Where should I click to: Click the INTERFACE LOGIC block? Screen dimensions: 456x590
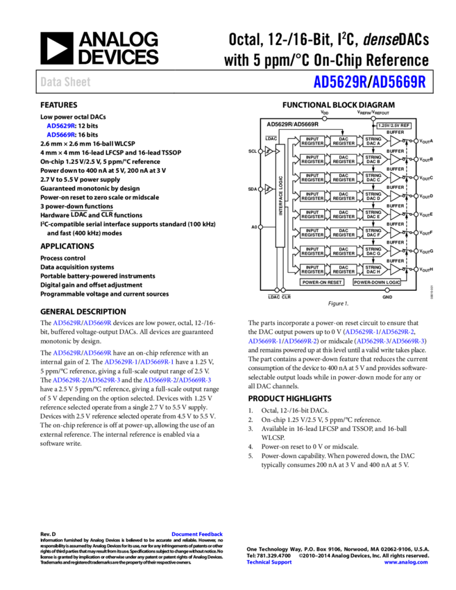point(280,196)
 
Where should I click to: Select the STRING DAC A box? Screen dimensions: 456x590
point(373,141)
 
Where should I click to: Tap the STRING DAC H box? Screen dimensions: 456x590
point(373,269)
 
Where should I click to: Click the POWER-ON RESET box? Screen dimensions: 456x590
point(322,283)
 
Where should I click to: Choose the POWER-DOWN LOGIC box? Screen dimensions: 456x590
point(377,283)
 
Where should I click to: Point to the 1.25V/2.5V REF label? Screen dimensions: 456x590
point(394,126)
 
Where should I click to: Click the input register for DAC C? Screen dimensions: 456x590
point(312,178)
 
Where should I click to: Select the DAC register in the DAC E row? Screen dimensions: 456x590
point(344,214)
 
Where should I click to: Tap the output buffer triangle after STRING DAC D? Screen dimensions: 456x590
point(395,196)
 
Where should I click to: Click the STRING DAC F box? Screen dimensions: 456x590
point(373,233)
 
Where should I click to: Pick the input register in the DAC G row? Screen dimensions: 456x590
point(312,251)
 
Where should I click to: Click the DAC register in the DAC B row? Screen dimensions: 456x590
point(344,160)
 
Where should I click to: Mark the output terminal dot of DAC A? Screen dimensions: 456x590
point(416,141)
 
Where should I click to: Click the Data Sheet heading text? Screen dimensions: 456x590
point(65,82)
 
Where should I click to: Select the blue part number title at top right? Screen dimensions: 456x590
point(369,82)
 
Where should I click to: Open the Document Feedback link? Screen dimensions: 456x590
point(197,534)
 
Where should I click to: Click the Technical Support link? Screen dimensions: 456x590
point(269,562)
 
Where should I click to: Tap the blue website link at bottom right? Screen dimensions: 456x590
point(406,562)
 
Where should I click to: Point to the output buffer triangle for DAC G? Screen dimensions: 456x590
point(395,251)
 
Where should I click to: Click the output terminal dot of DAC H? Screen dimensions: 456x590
point(416,269)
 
